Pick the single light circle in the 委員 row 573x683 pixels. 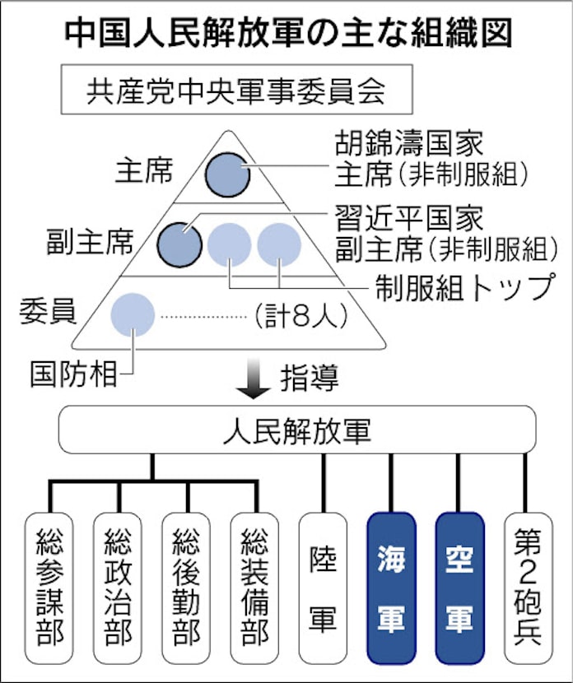[x=133, y=314]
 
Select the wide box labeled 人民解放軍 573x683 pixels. [x=296, y=430]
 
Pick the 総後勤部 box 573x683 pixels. [x=187, y=586]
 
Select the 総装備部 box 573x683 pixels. [x=255, y=586]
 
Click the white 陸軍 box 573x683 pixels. [x=323, y=586]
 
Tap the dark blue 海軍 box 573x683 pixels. [x=391, y=586]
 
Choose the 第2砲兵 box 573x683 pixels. [x=527, y=586]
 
